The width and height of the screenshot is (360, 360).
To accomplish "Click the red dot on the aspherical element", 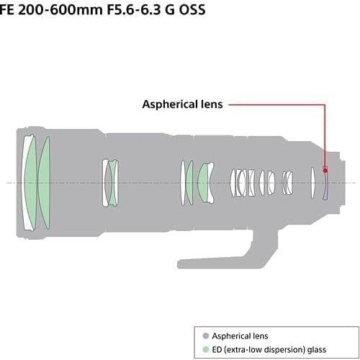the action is (325, 171).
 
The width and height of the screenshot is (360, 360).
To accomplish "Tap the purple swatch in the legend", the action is (206, 336).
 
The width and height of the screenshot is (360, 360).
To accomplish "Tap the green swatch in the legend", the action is (206, 349).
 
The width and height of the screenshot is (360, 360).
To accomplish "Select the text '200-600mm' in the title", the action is (60, 10).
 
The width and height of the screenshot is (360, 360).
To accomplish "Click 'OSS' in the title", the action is (192, 10).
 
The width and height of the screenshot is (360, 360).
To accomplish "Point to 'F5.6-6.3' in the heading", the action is (133, 10).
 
